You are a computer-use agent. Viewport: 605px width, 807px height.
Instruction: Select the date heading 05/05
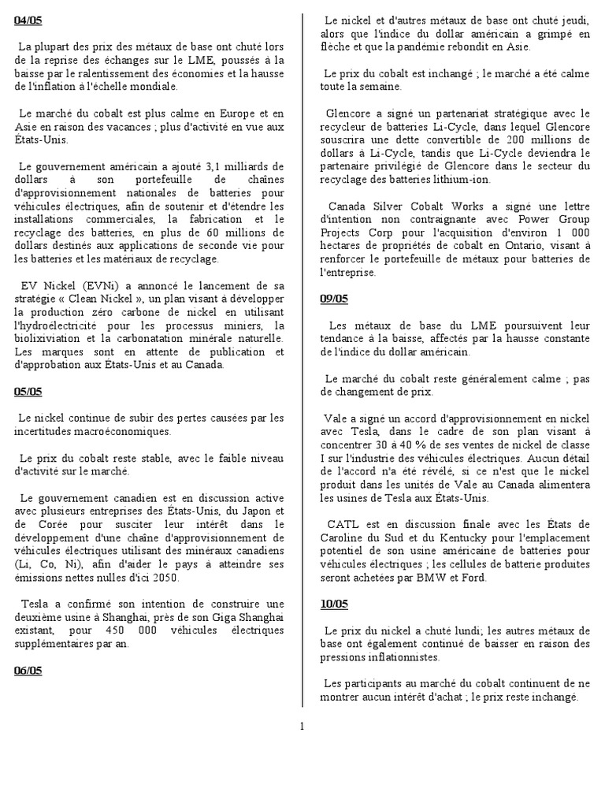pyautogui.click(x=28, y=392)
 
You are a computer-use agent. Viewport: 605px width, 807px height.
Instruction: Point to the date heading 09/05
pyautogui.click(x=334, y=299)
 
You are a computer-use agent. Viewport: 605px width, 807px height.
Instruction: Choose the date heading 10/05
pyautogui.click(x=334, y=604)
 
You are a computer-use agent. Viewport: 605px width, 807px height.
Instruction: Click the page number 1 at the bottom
pyautogui.click(x=302, y=726)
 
